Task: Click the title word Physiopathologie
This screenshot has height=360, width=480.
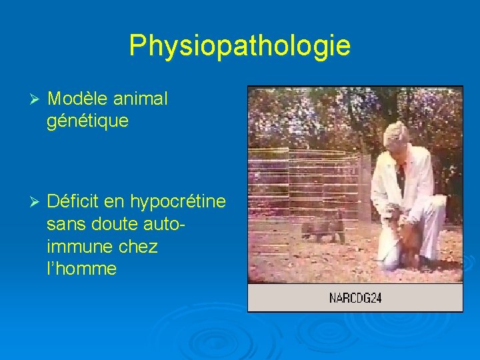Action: point(239,45)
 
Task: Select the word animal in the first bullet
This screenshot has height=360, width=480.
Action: point(141,99)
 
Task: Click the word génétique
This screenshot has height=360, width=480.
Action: point(88,121)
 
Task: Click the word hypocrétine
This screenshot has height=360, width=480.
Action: point(178,201)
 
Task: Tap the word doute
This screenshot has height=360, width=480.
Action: point(117,223)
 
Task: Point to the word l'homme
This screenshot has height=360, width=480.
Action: point(82,269)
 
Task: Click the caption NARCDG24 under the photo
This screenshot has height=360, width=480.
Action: point(355,298)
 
